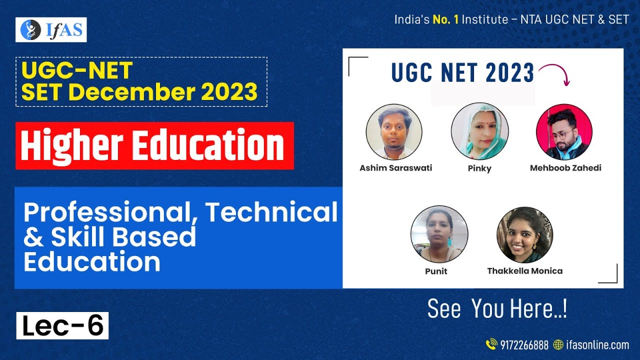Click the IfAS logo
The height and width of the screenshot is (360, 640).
51,30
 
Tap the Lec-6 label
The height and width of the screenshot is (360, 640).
62,325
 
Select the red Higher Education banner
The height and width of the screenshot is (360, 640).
154,145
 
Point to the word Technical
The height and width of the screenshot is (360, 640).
271,212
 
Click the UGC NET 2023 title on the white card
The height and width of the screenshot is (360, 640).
462,73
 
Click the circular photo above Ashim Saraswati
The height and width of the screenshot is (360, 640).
394,132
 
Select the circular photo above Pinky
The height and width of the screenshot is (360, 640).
479,132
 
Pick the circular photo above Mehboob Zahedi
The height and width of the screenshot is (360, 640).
564,132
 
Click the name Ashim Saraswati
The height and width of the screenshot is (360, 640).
395,168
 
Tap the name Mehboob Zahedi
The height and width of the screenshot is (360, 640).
565,168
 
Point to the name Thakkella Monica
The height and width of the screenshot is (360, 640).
524,271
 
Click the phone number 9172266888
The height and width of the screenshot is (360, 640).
524,345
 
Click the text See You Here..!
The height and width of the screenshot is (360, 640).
497,309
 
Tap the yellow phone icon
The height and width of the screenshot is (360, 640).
491,344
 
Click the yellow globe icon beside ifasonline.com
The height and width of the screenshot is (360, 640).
558,345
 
